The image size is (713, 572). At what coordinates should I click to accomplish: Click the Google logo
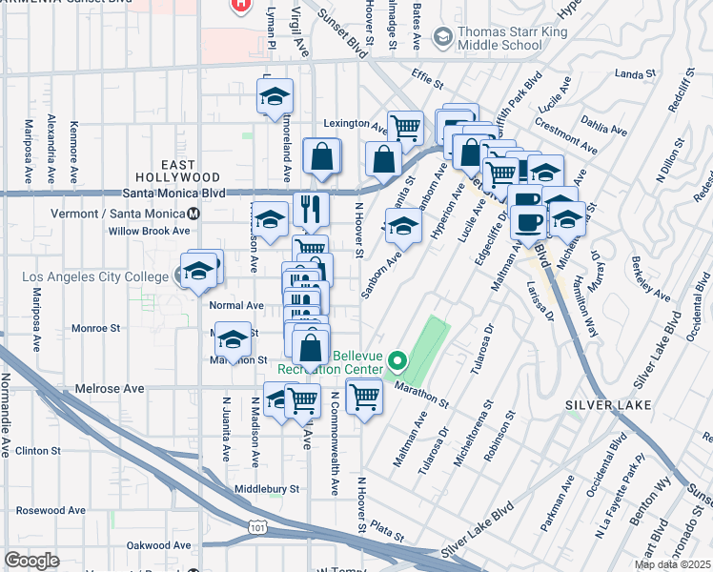[x=31, y=561]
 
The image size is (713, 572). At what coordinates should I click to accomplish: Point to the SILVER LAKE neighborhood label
[x=607, y=405]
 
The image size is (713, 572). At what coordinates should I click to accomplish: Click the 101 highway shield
[x=256, y=525]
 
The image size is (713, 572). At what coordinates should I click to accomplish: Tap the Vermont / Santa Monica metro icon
[x=194, y=214]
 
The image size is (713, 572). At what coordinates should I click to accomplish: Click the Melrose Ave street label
[x=112, y=389]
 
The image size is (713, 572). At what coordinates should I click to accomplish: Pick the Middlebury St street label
[x=267, y=489]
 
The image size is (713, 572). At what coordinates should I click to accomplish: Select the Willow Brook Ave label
[x=149, y=231]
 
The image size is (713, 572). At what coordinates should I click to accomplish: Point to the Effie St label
[x=428, y=84]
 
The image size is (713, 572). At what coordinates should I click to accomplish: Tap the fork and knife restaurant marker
[x=310, y=209]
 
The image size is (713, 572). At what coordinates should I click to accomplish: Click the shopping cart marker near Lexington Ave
[x=406, y=126]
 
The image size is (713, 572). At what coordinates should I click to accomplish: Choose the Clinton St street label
[x=38, y=450]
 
